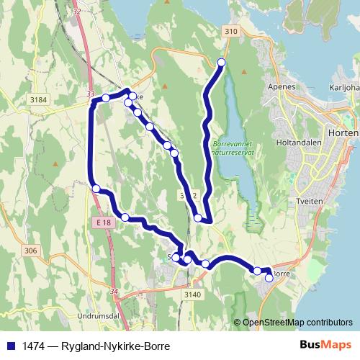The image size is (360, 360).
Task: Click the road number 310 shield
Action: [230, 32]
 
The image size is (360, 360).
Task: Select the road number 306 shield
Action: [30, 251]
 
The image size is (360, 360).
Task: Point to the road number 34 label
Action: [114, 291]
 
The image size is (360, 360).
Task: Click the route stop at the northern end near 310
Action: [221, 63]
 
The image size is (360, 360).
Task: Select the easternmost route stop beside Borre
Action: [269, 277]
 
